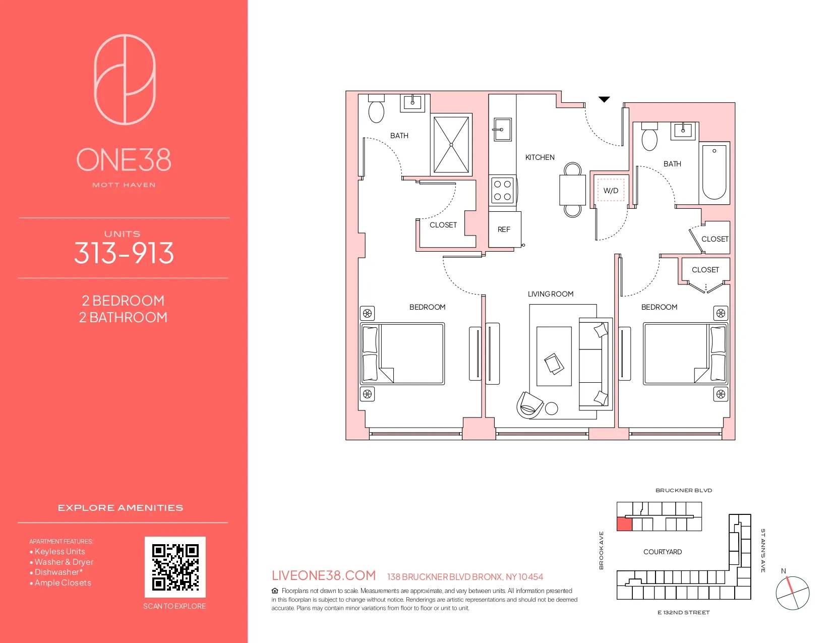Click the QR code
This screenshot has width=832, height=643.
pos(175,567)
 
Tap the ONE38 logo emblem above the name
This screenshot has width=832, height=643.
pos(125,79)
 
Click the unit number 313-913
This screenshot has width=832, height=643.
pos(124,253)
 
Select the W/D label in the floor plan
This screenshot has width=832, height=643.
pos(611,191)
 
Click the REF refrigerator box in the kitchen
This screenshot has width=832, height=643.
pos(504,229)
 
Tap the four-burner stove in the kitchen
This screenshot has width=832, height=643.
pos(502,190)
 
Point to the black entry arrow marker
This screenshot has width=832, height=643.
pos(604,99)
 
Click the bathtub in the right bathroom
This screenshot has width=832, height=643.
pos(714,172)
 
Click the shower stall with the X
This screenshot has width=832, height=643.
pos(451,145)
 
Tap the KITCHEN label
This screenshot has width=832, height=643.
pos(540,157)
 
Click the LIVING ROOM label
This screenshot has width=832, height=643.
pos(550,294)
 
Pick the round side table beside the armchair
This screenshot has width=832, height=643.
pos(552,408)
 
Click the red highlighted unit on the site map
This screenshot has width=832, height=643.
pos(624,524)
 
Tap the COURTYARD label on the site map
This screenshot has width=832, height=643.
pos(662,552)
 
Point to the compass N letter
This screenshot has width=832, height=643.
pos(783,571)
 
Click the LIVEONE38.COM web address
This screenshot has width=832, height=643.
pos(324,575)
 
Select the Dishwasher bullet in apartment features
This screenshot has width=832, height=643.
pos(58,572)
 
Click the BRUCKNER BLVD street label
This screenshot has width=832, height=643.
pos(683,490)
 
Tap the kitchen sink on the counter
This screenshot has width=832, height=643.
pos(502,129)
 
